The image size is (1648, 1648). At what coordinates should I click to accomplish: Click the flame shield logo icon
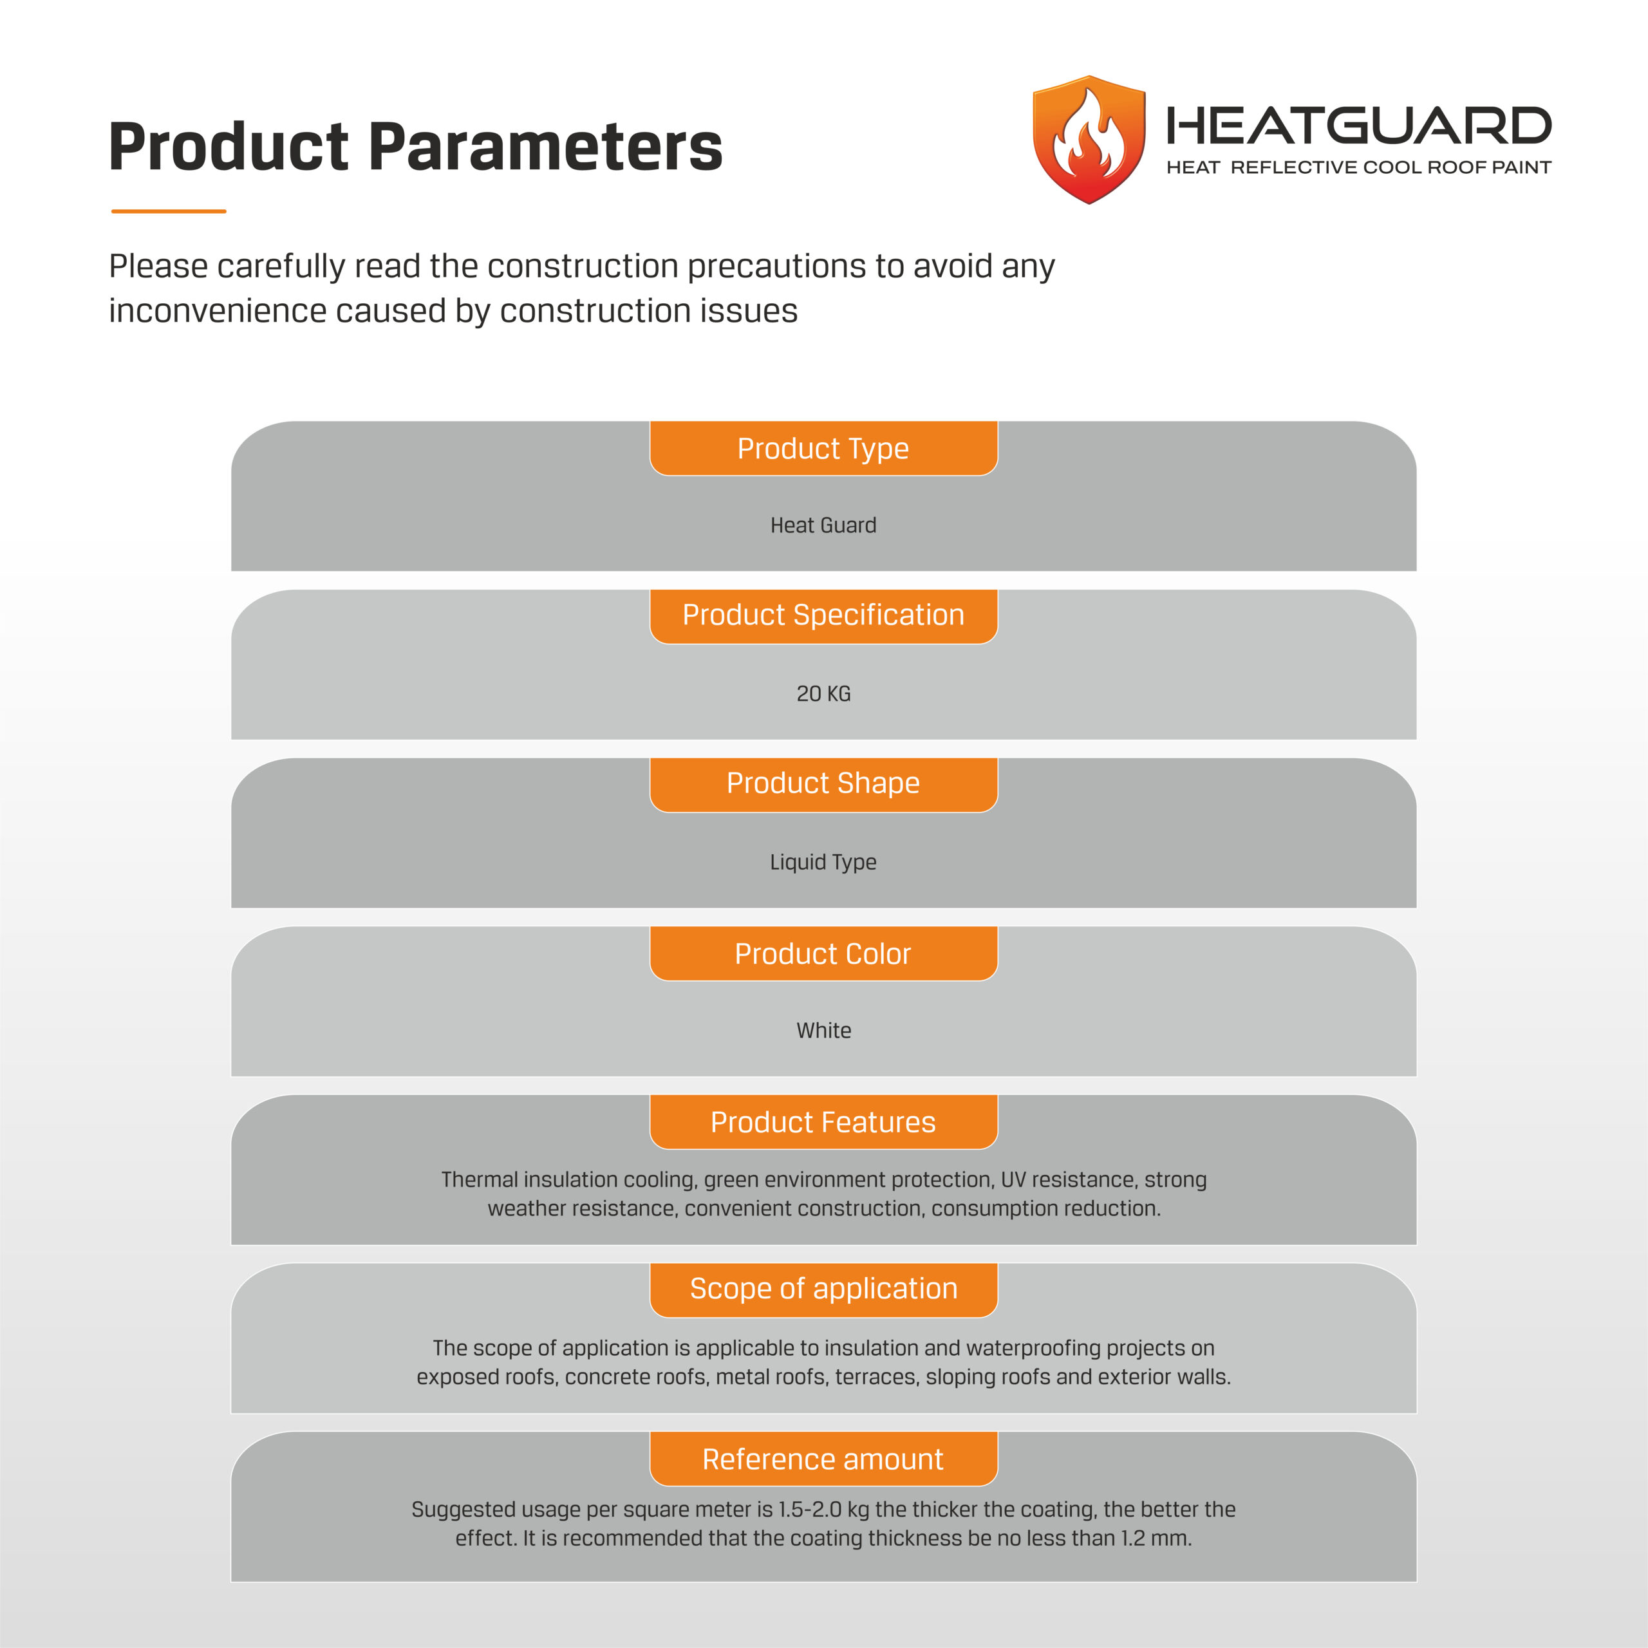pyautogui.click(x=1089, y=140)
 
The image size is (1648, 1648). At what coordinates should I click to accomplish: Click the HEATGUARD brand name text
pyautogui.click(x=1358, y=126)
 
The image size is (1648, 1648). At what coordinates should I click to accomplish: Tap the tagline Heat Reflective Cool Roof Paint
pyautogui.click(x=1358, y=168)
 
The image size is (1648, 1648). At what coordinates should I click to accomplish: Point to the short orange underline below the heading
pyautogui.click(x=169, y=211)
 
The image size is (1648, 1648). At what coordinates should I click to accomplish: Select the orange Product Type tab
pyautogui.click(x=823, y=449)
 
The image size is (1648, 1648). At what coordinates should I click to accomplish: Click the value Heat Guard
pyautogui.click(x=823, y=525)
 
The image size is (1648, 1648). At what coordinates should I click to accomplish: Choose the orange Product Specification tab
pyautogui.click(x=823, y=615)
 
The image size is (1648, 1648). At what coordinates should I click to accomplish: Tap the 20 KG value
pyautogui.click(x=823, y=693)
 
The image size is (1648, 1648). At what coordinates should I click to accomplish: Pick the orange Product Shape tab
pyautogui.click(x=823, y=783)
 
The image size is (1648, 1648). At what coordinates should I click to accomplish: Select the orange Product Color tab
pyautogui.click(x=823, y=953)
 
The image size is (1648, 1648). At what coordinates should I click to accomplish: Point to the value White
pyautogui.click(x=823, y=1031)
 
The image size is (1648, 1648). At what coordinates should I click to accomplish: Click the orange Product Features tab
pyautogui.click(x=823, y=1121)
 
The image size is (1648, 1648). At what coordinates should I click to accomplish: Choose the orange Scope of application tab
pyautogui.click(x=823, y=1288)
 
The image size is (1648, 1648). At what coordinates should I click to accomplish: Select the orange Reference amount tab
pyautogui.click(x=823, y=1459)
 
